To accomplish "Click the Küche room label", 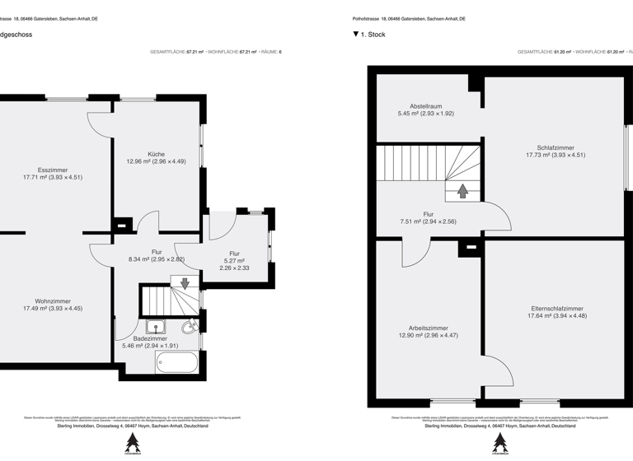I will [x=156, y=155].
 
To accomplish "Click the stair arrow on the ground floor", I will [x=185, y=284].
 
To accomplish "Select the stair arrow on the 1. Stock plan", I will [x=463, y=191].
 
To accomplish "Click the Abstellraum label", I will [x=426, y=106].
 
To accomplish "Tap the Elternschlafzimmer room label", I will [x=557, y=309].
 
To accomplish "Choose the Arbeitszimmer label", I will [x=428, y=328].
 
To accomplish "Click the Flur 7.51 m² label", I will [x=428, y=214].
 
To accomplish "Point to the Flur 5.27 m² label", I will [x=234, y=254].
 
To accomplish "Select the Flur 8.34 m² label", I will [x=157, y=252].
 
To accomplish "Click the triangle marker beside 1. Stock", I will [x=356, y=35].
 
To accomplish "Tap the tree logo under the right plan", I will [x=499, y=443].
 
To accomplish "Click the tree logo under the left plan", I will [x=132, y=443].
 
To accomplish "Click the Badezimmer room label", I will [x=150, y=338].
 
